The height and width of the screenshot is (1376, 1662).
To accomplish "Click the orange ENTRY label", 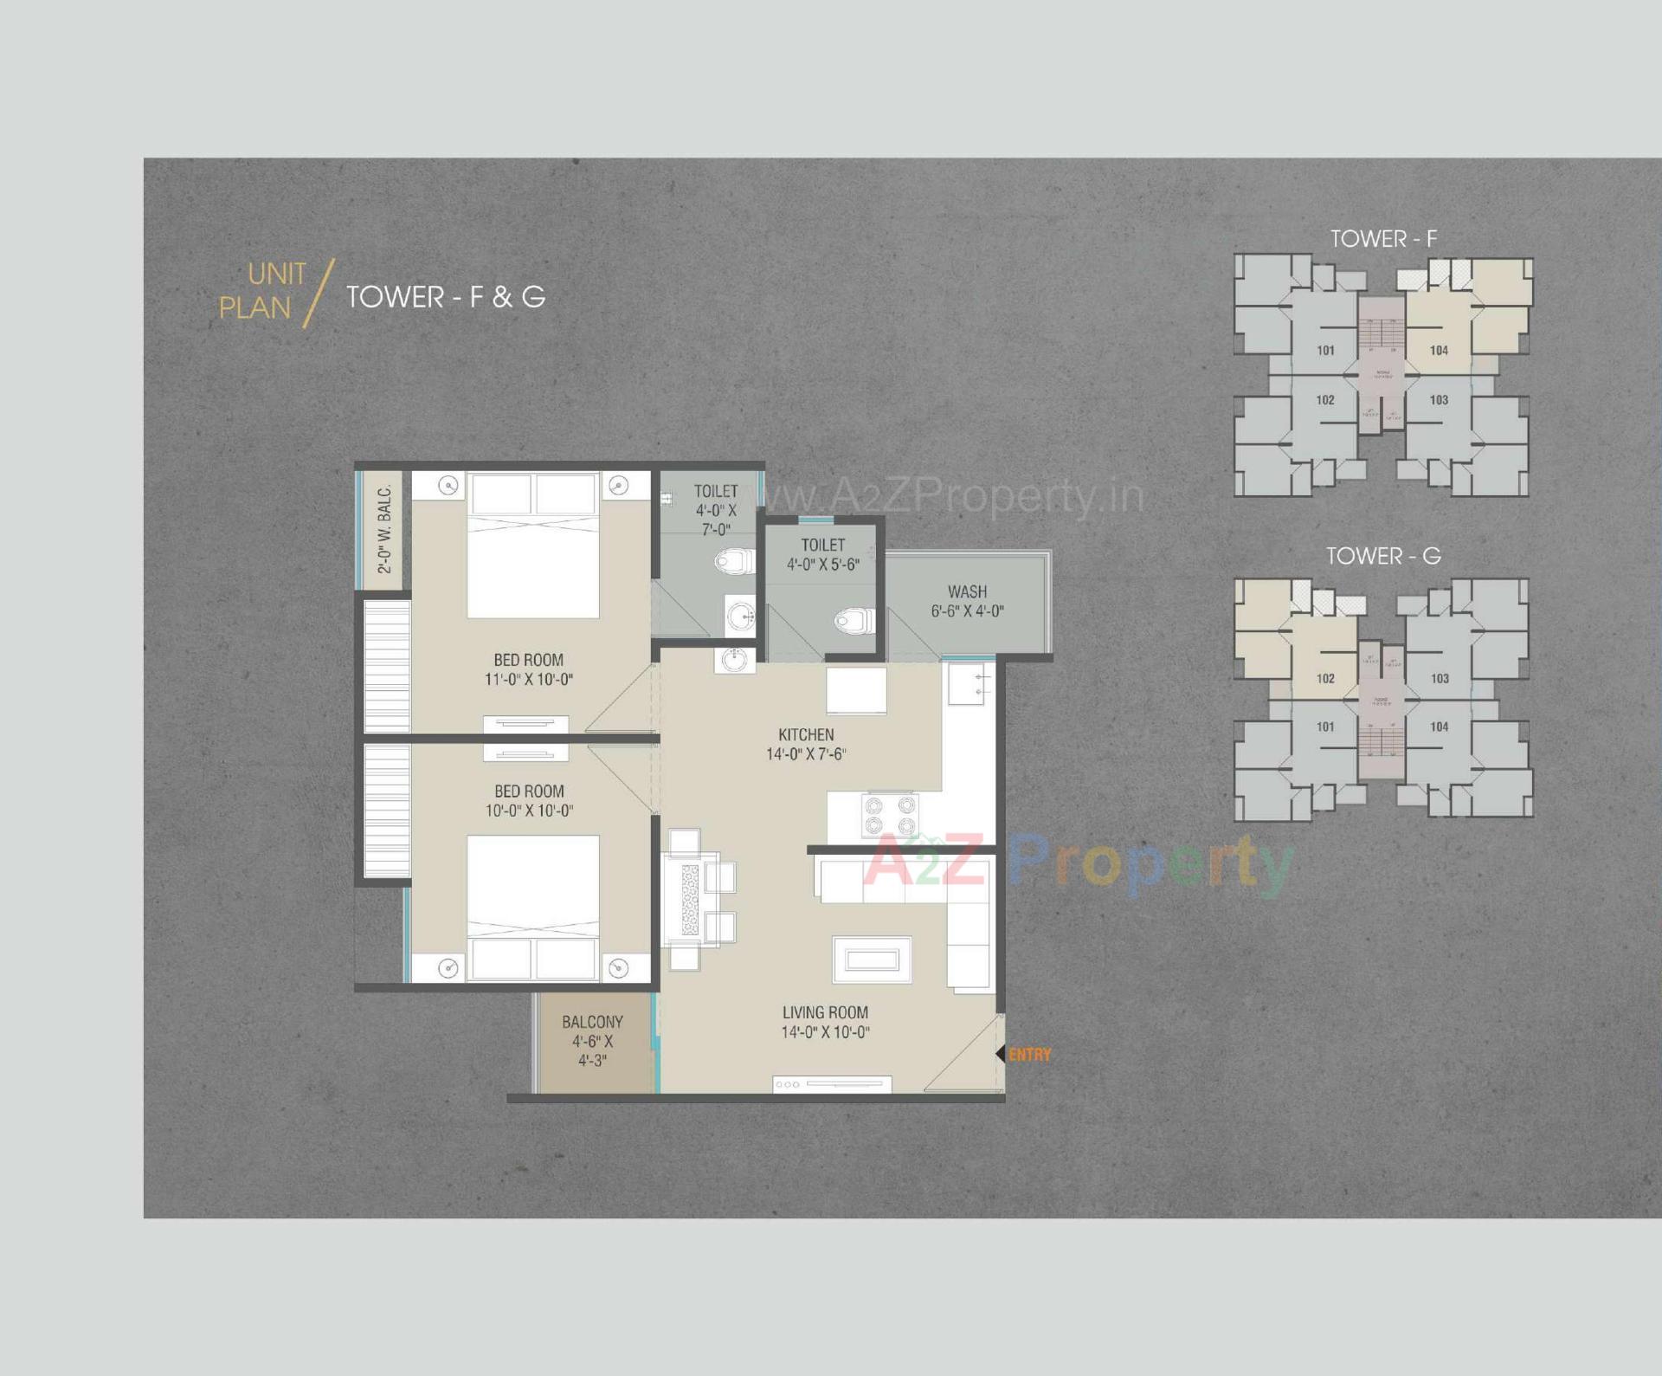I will pyautogui.click(x=1029, y=1055).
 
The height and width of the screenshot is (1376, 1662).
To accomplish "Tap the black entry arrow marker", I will pyautogui.click(x=1000, y=1054).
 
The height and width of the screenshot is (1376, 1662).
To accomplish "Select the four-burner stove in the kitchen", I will pyautogui.click(x=889, y=814).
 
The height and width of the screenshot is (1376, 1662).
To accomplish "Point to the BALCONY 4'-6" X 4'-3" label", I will pyautogui.click(x=592, y=1041).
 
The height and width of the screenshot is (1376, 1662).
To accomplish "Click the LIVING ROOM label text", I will pyautogui.click(x=825, y=1012).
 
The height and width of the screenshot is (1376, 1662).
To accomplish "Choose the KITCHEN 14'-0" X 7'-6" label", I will pyautogui.click(x=806, y=744).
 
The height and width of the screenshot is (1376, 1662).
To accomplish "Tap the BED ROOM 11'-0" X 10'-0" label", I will pyautogui.click(x=528, y=669).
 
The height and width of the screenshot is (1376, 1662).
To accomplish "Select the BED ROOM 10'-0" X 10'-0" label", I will pyautogui.click(x=529, y=801).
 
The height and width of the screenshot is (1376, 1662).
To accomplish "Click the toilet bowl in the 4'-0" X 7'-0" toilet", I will pyautogui.click(x=734, y=561).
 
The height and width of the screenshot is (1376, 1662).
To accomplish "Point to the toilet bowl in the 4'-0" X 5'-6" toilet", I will pyautogui.click(x=854, y=620).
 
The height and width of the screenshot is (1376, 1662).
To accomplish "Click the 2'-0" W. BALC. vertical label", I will pyautogui.click(x=384, y=528).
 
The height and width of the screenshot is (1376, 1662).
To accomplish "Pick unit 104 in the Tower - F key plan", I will pyautogui.click(x=1439, y=351).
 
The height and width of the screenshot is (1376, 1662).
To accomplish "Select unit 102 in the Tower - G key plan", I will pyautogui.click(x=1325, y=679).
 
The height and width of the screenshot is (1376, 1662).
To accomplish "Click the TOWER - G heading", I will pyautogui.click(x=1383, y=556).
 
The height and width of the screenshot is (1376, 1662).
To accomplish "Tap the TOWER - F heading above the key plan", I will pyautogui.click(x=1383, y=239).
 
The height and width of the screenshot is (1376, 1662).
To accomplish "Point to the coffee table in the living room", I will pyautogui.click(x=872, y=959).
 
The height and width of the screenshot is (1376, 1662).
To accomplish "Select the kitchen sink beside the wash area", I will pyautogui.click(x=968, y=684).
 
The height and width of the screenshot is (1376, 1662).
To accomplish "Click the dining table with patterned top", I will pyautogui.click(x=690, y=900).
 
